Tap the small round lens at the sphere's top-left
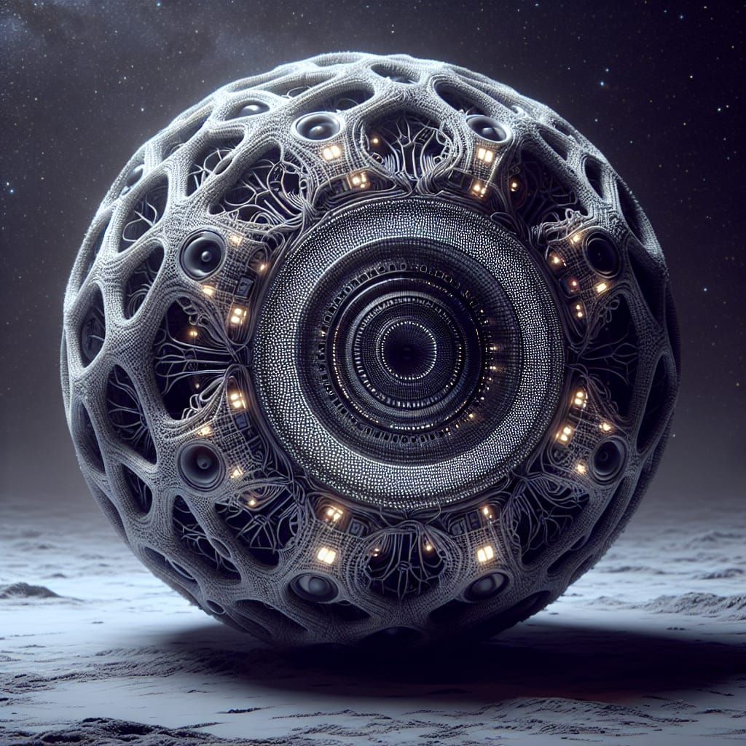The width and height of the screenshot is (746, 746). click(318, 127)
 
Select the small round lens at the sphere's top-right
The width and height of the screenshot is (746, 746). click(486, 129)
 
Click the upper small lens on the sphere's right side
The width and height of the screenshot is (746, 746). click(602, 255)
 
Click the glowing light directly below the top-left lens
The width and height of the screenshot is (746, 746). click(331, 152)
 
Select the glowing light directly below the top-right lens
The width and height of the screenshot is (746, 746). click(484, 155)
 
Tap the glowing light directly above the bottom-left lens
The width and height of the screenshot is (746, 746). click(326, 555)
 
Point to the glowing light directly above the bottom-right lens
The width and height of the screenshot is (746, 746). click(484, 554)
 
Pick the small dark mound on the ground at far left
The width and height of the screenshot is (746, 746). click(29, 590)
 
